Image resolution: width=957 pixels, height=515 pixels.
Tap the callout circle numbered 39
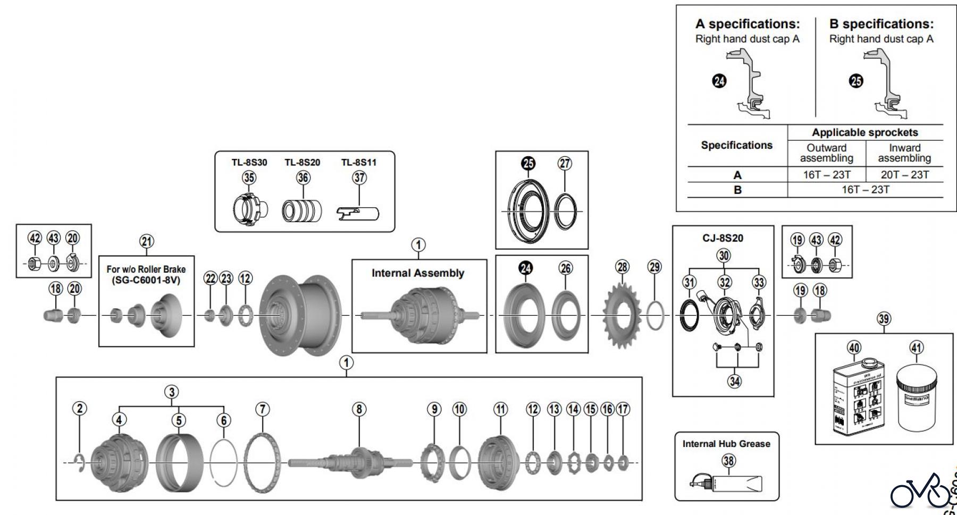884,319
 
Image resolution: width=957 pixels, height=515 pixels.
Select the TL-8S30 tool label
249,163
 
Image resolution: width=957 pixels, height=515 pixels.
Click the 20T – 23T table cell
904,175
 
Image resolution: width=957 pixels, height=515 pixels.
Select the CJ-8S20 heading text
723,238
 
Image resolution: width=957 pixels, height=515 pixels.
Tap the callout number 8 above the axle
359,409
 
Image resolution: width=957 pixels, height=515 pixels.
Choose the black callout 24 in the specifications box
719,81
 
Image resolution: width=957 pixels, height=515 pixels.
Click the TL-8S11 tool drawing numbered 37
359,213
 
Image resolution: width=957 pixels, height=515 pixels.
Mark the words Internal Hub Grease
726,444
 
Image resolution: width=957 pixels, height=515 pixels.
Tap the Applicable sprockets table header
864,132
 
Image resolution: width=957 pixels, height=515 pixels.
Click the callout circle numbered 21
147,242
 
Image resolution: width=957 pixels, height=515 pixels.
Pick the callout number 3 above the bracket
171,392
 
